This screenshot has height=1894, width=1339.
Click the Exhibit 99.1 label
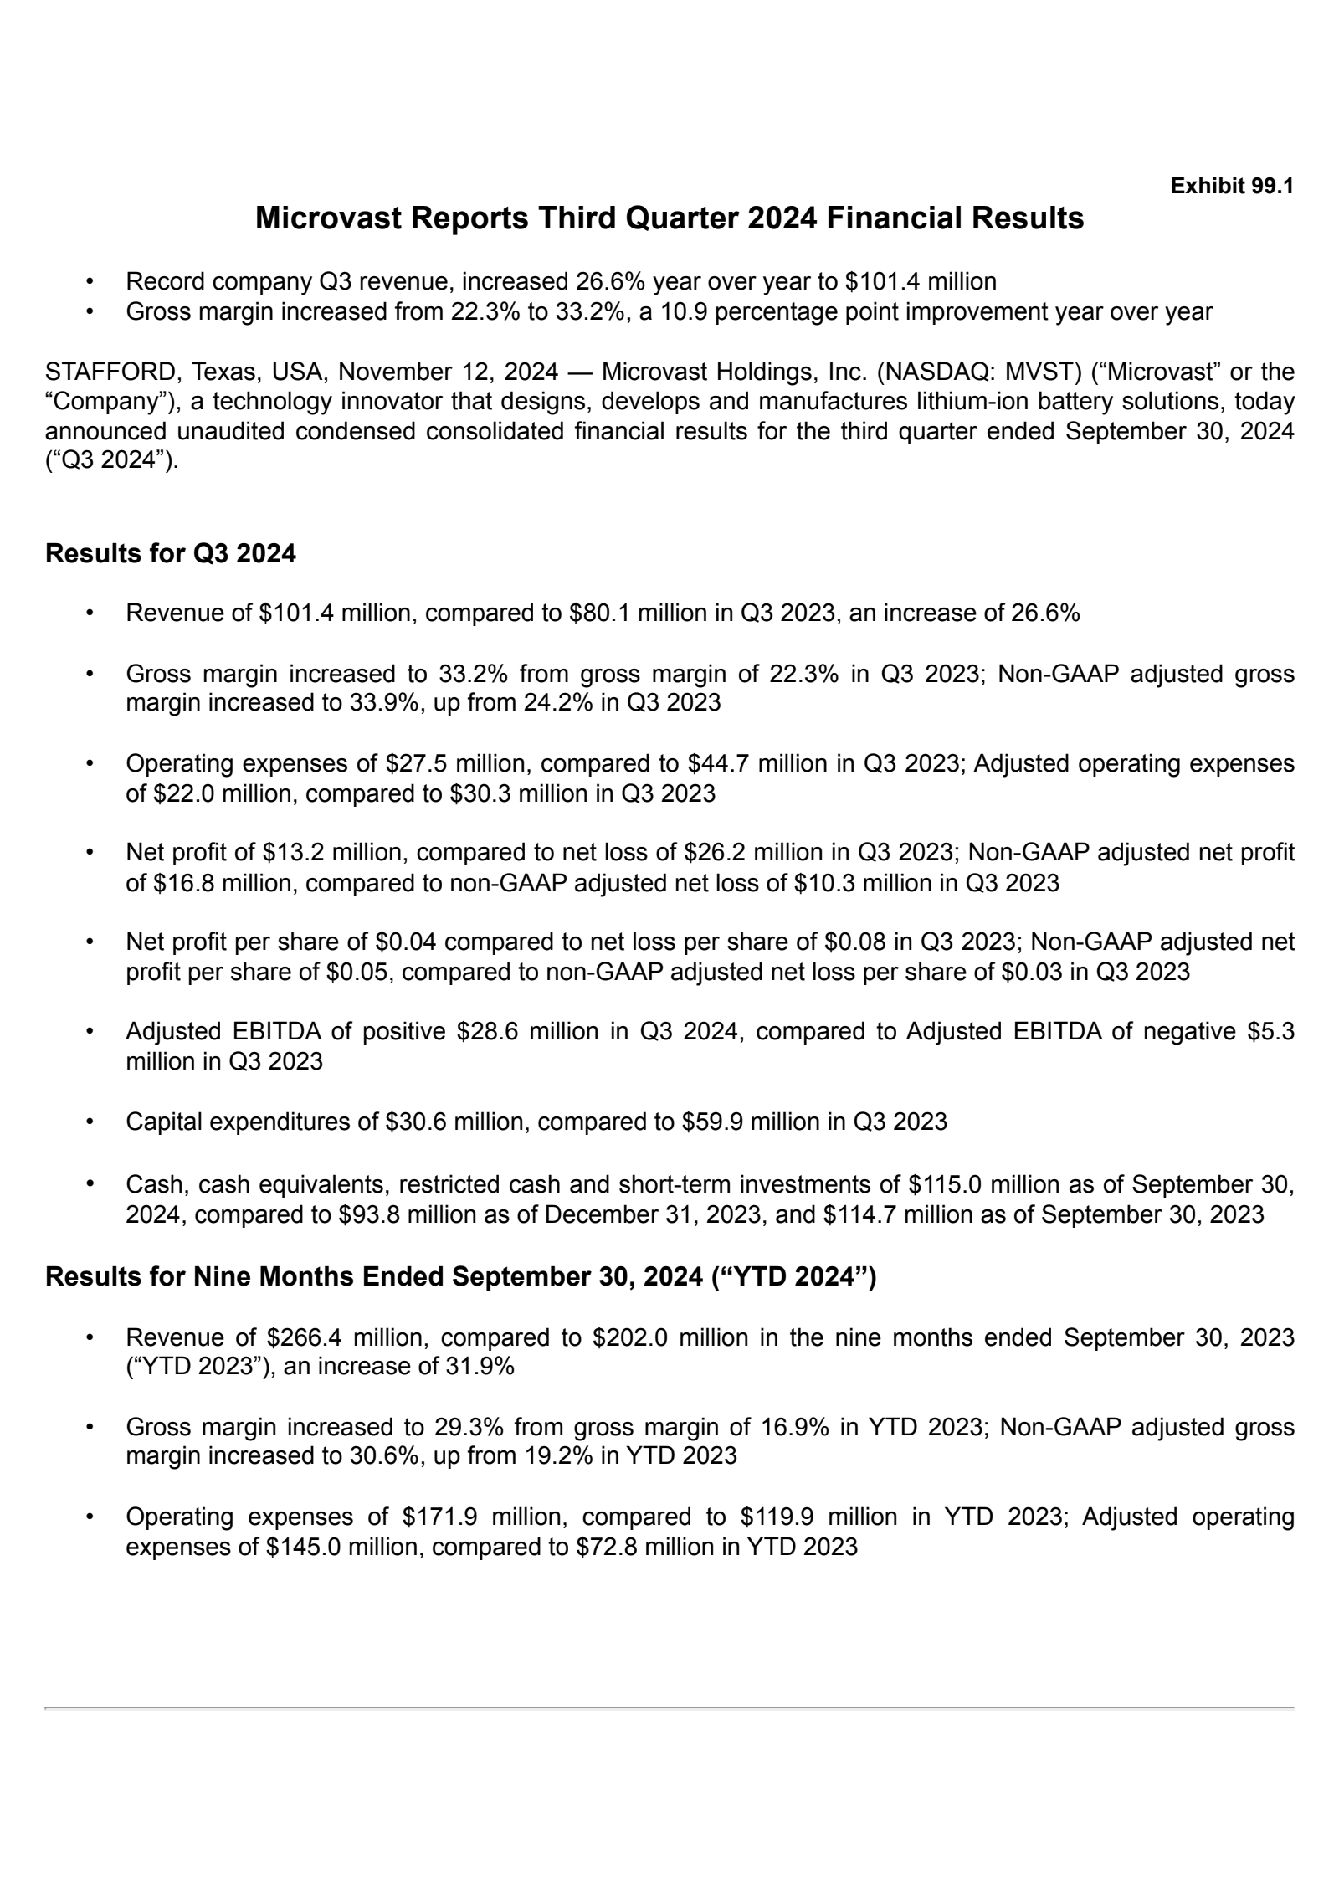(1232, 186)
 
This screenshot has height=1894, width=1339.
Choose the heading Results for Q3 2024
(170, 554)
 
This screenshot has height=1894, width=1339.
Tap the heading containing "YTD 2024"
(460, 1277)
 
